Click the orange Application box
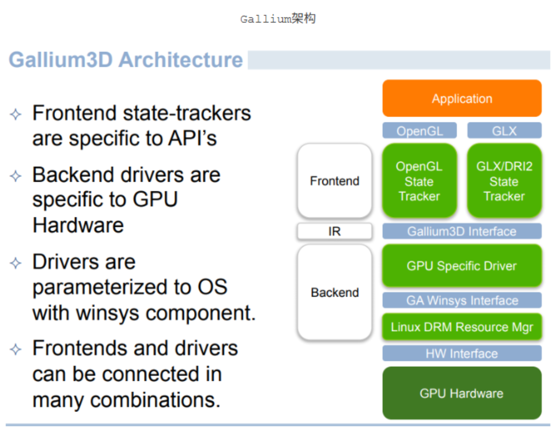coord(461,98)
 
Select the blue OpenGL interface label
coord(419,131)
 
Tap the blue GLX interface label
coord(504,131)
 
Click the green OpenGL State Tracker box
coord(419,181)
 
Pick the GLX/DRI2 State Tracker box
coord(504,181)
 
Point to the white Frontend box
coord(334,181)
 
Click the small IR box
coord(334,231)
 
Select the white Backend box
coord(334,292)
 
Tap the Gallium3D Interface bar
coord(461,231)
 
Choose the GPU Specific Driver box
coord(461,266)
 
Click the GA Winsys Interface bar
coord(461,300)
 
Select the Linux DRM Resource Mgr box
coord(461,327)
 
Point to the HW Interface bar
coord(461,353)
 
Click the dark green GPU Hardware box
coord(461,393)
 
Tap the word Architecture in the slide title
coord(181,60)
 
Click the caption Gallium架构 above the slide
coord(278,18)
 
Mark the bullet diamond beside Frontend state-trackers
coord(16,114)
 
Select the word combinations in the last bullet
coord(155,400)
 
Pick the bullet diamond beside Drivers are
coord(16,263)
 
